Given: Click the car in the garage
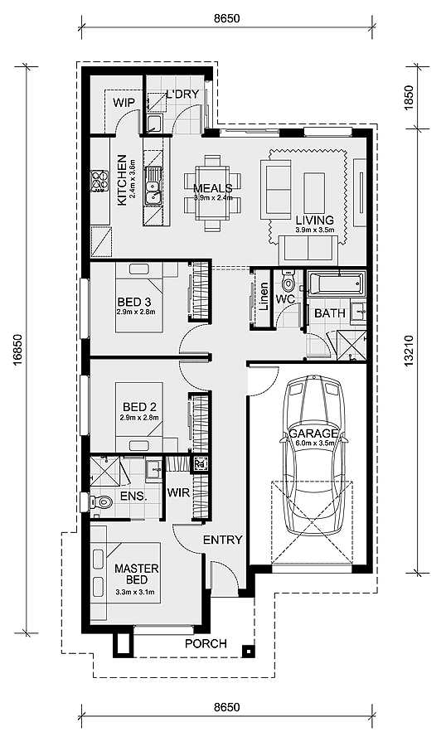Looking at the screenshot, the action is (313, 455).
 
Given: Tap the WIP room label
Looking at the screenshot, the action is (124, 102).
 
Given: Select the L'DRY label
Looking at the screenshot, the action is (182, 94).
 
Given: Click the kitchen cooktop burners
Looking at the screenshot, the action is (100, 181).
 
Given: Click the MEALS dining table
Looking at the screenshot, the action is (213, 194).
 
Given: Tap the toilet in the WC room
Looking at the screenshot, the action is (288, 283).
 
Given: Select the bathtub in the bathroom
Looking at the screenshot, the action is (336, 284).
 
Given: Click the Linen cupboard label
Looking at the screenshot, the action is (264, 297).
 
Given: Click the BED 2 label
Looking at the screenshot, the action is (139, 407).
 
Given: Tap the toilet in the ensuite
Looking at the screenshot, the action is (100, 501).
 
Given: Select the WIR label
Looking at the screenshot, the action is (178, 492).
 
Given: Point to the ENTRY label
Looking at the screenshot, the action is (223, 540).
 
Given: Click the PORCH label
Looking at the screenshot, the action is (206, 644).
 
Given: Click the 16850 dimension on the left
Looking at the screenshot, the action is (17, 349).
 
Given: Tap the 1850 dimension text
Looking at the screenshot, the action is (409, 98).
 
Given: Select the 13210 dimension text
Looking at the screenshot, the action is (409, 351).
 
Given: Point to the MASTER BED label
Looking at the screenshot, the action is (137, 574).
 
